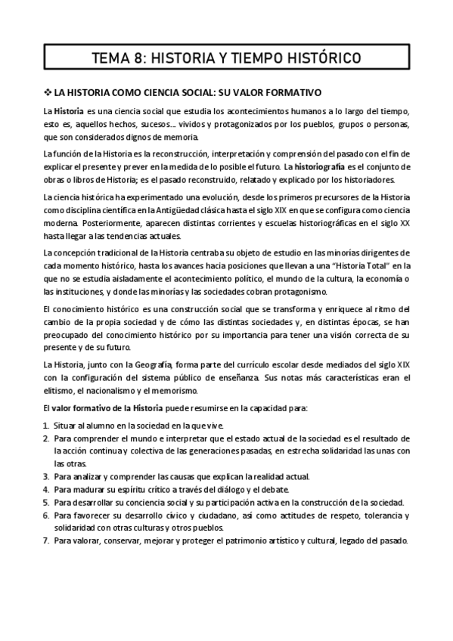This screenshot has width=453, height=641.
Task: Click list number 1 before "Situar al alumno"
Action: (x=45, y=426)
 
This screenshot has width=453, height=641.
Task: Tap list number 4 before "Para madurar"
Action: (x=45, y=489)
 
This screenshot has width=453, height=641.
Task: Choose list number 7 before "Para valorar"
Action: (x=45, y=540)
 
